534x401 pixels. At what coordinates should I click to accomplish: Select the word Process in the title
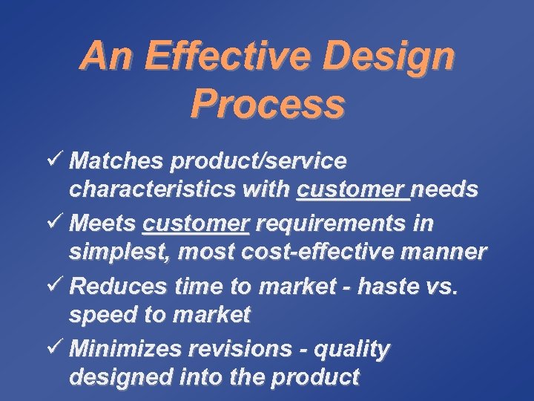click(x=267, y=104)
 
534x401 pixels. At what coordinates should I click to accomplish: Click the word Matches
click(x=119, y=161)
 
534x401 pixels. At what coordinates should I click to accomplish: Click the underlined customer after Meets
click(x=196, y=224)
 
